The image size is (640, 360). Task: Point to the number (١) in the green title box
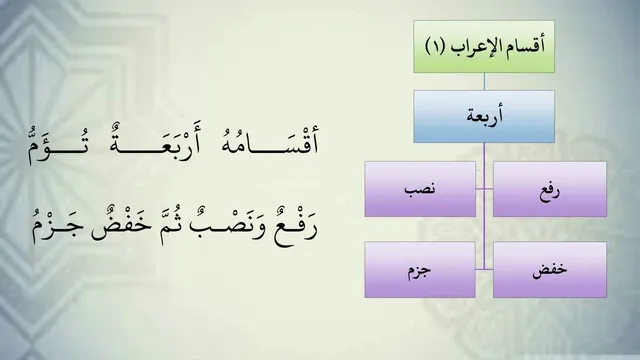click(x=435, y=46)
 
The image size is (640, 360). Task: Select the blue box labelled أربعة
click(x=484, y=117)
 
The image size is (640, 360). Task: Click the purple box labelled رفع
click(x=550, y=189)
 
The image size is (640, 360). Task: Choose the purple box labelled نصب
click(x=420, y=189)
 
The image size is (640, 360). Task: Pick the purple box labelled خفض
click(x=550, y=269)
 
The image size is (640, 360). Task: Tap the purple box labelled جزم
click(x=420, y=269)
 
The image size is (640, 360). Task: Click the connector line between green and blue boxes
click(x=484, y=82)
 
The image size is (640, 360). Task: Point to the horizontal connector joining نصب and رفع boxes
click(x=484, y=189)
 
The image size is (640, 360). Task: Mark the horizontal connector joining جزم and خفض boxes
click(x=484, y=269)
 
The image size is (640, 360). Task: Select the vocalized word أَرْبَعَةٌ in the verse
click(x=156, y=141)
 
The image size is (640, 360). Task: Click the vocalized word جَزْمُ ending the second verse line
click(x=58, y=227)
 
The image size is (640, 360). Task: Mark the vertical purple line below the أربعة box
click(x=484, y=206)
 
